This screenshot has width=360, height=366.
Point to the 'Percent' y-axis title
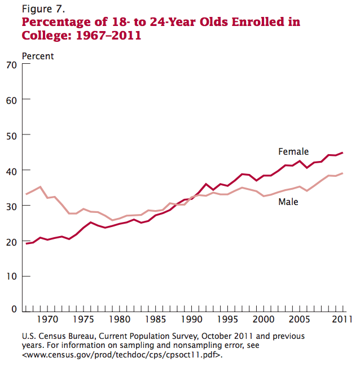point(38,56)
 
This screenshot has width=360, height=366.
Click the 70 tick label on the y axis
point(11,64)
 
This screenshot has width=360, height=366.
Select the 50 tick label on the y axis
point(11,135)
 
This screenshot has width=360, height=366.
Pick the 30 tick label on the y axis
point(11,206)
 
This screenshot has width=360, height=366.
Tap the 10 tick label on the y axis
point(11,276)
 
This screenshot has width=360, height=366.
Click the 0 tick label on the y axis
point(14,310)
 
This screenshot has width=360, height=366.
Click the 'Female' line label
point(293,151)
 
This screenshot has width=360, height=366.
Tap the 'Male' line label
point(288,202)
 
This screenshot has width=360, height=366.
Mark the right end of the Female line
point(343,153)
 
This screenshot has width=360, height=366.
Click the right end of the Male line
point(343,173)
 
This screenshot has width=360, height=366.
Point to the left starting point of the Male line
point(27,194)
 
